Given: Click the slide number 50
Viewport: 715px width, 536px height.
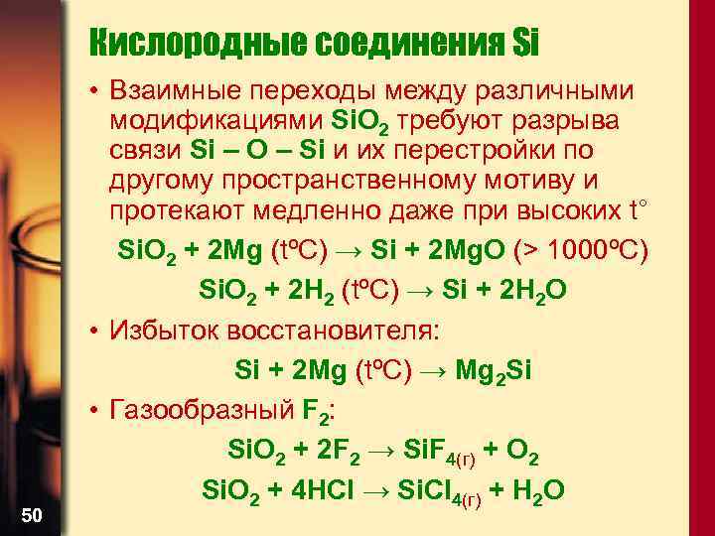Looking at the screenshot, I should (32, 513).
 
